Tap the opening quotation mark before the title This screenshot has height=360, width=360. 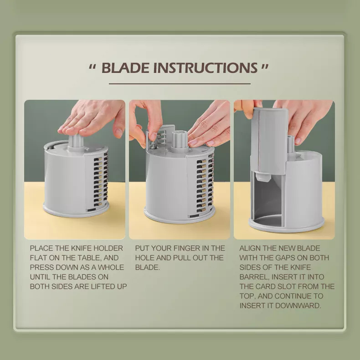93,67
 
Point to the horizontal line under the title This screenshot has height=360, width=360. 180,84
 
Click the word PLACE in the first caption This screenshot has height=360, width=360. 41,248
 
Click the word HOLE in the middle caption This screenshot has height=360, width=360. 144,258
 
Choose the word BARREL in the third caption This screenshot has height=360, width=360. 254,277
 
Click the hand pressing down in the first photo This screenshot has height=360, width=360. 92,119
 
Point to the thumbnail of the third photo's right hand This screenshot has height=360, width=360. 297,140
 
